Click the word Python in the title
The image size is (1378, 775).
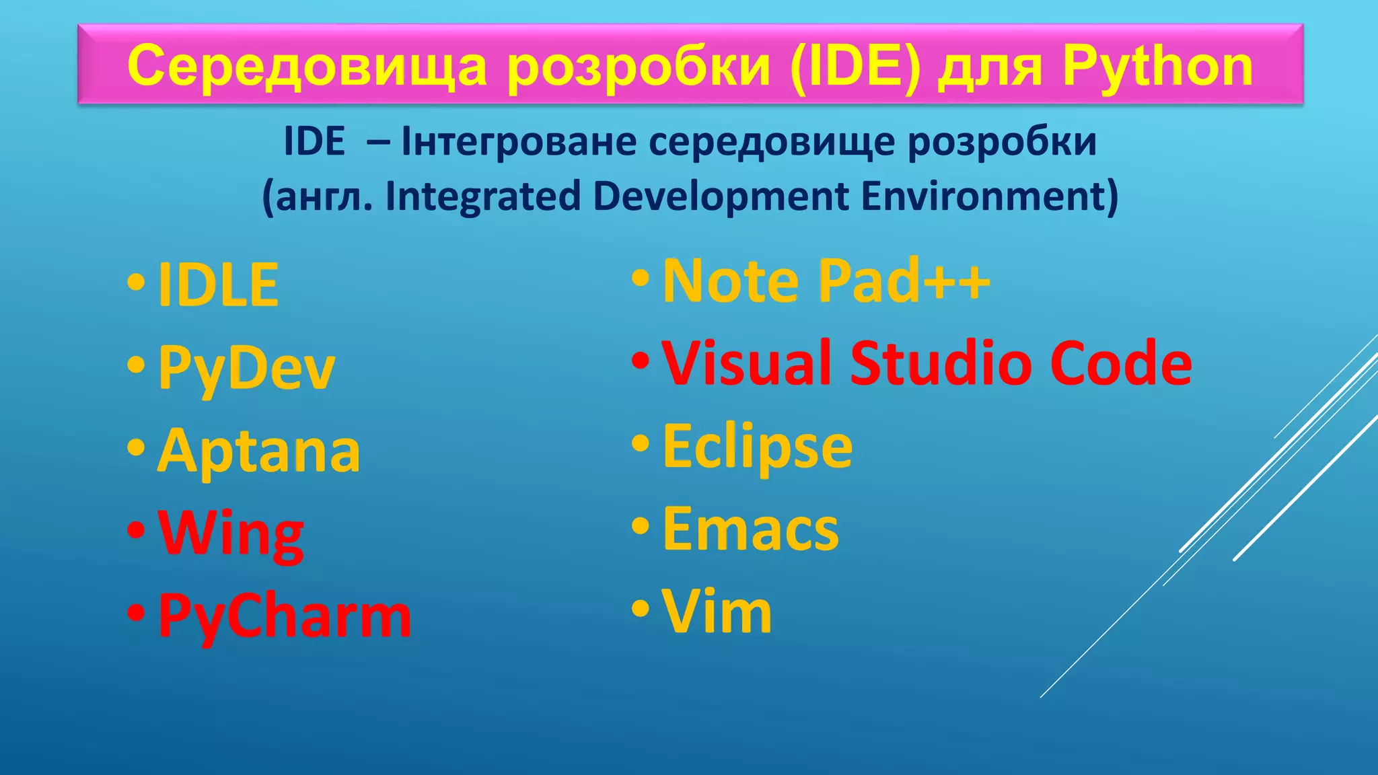point(1157,66)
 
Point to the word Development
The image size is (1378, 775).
point(721,196)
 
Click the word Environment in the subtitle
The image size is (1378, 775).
point(989,196)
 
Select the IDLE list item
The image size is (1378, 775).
point(218,285)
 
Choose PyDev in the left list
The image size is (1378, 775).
point(246,367)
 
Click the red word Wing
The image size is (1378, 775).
point(231,534)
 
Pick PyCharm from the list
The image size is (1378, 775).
point(285,616)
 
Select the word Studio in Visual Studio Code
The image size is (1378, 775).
point(942,363)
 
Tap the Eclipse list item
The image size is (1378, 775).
point(758,446)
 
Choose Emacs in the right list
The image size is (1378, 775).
point(751,529)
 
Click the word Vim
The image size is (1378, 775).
point(717,611)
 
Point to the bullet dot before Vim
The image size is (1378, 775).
point(641,608)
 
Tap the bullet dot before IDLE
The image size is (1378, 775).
point(136,283)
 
